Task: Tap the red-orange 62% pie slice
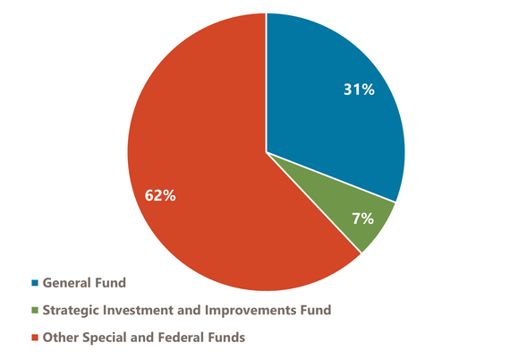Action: [x=206, y=179]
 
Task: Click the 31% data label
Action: [x=359, y=90]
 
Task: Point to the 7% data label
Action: [x=361, y=219]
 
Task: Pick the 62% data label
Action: [x=160, y=194]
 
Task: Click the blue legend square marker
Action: [x=35, y=284]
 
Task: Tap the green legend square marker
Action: [x=35, y=311]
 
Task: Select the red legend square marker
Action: [x=35, y=338]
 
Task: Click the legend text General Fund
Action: [x=85, y=283]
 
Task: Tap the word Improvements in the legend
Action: [x=255, y=310]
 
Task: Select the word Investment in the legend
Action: [x=143, y=310]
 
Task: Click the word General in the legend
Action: [x=70, y=283]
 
